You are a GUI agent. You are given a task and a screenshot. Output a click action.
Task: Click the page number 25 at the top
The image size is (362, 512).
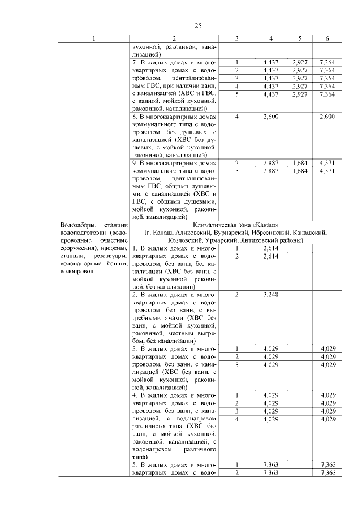pos(199,25)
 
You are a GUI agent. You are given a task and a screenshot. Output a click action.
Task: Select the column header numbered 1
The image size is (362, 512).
pos(94,38)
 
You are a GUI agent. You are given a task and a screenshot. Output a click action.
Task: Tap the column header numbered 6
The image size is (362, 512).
pos(327,38)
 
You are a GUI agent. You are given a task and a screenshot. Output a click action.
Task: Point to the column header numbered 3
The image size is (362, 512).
pos(236,38)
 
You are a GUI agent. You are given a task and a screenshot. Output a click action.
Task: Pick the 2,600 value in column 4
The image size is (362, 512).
pos(272,117)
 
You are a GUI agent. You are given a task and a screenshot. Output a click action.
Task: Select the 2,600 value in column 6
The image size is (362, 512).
pos(327,117)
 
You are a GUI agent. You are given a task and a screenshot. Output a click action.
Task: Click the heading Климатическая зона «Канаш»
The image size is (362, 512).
pos(236,225)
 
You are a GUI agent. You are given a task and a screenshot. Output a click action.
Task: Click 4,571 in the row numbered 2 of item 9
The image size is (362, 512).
pos(327,162)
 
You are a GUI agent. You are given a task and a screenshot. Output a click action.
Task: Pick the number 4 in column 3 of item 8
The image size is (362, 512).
pos(236,117)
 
